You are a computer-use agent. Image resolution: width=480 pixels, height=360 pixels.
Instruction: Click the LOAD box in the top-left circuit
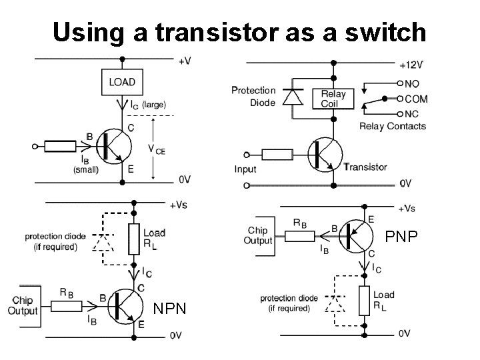pos(122,82)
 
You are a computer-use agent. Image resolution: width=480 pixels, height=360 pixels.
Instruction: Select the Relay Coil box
pos(333,99)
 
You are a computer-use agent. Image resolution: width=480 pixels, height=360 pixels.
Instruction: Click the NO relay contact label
pos(413,84)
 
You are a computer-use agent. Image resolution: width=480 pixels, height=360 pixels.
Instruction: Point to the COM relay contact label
pos(416,99)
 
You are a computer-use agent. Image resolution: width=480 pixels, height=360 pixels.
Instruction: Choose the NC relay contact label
pos(413,113)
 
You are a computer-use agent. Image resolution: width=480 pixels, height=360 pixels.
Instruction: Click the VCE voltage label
pos(156,151)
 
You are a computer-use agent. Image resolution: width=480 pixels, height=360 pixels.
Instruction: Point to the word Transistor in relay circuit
pos(367,166)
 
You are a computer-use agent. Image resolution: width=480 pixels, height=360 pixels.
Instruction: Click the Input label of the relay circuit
pos(245,169)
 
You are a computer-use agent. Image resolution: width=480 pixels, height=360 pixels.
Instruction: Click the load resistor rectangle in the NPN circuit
pos(134,238)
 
